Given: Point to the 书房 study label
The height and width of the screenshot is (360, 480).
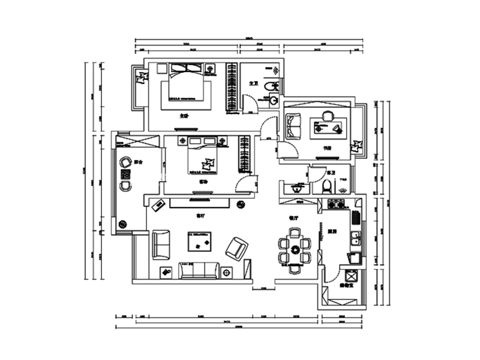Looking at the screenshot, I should click(328, 146).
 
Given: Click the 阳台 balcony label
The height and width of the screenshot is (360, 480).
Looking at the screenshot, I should click(139, 162).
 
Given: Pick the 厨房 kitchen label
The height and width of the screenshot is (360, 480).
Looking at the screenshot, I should click(332, 230).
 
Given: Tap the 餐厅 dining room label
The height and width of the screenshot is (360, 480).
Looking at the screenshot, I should click(293, 219).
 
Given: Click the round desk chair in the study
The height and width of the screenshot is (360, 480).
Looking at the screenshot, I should click(328, 116).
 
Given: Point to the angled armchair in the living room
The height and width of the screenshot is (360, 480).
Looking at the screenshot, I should click(237, 247).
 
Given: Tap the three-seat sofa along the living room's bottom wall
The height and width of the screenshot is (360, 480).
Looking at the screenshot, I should click(198, 271).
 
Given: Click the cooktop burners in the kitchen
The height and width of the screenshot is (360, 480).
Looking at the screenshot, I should click(337, 206).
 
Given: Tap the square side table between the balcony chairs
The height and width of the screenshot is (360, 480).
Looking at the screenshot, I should click(126, 175).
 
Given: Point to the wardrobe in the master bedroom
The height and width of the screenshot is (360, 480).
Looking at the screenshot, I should click(230, 88).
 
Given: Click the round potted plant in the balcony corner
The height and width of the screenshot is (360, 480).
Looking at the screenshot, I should click(124, 224).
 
